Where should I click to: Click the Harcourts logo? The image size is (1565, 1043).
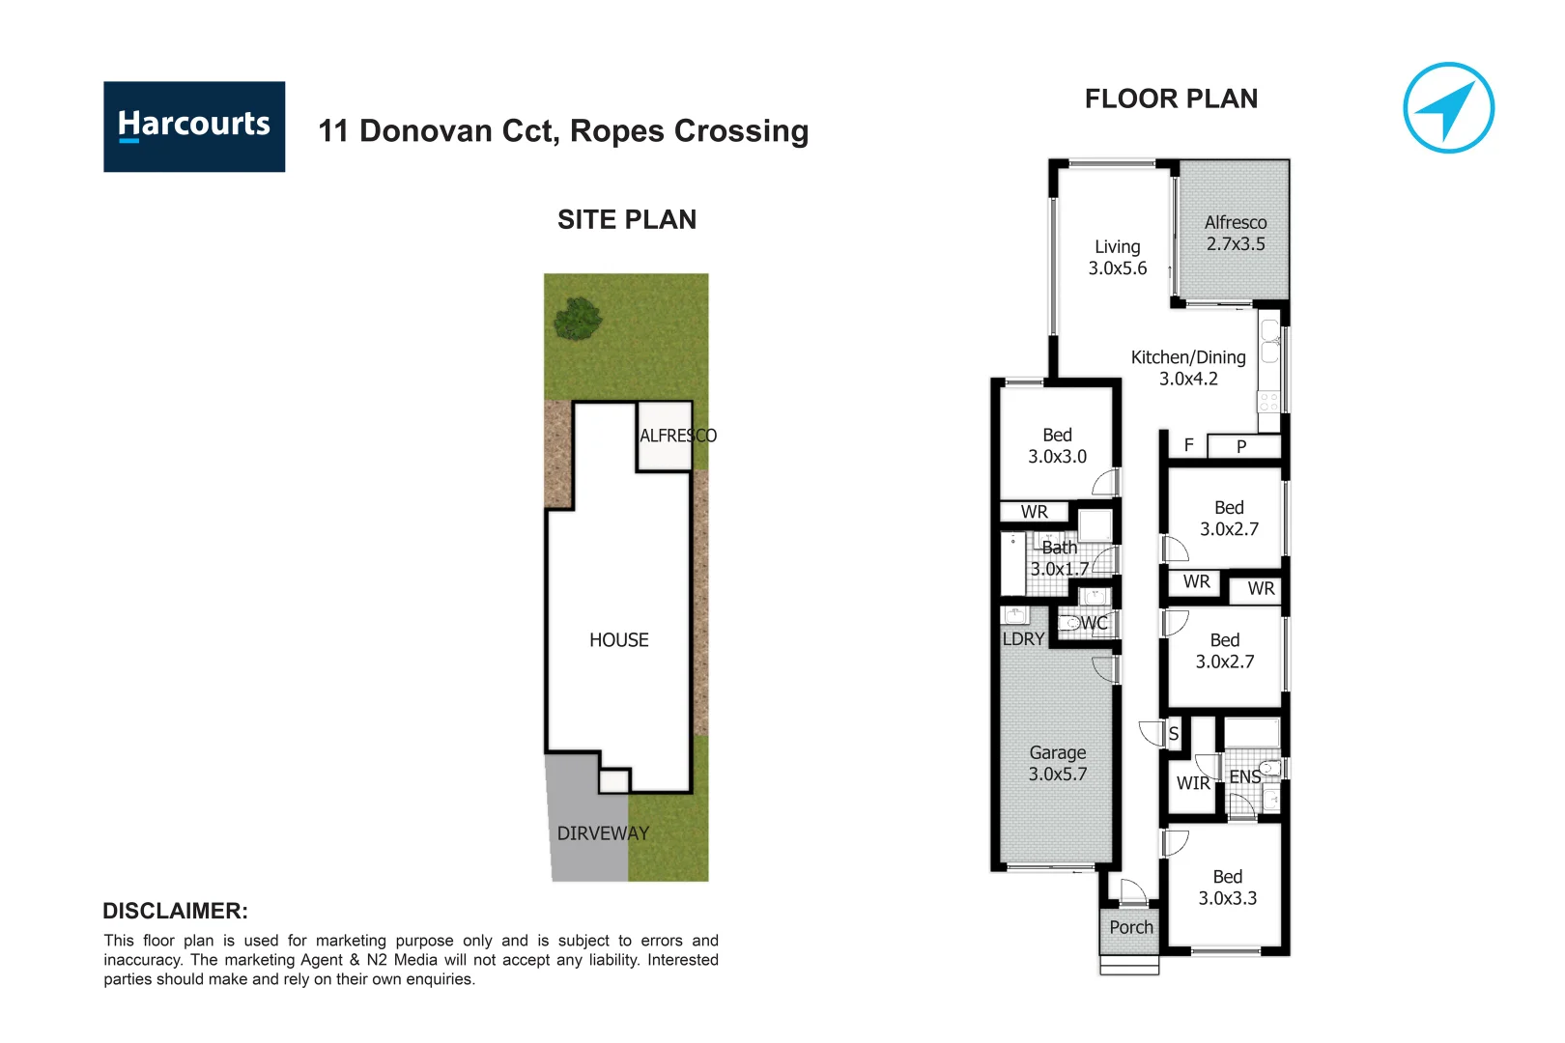coord(194,127)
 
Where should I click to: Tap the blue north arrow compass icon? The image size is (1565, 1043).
coord(1448,108)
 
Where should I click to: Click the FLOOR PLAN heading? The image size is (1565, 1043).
coord(1171,99)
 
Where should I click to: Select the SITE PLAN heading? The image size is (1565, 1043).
coord(626,219)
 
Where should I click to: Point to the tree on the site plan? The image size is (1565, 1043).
coord(579,319)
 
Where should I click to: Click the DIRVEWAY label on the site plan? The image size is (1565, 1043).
coord(603,832)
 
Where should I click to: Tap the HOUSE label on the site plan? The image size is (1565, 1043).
coord(618,639)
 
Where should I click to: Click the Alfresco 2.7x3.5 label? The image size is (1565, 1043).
coord(1235,233)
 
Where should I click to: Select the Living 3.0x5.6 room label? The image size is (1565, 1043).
coord(1117,257)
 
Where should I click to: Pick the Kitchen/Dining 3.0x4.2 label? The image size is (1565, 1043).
coord(1188,368)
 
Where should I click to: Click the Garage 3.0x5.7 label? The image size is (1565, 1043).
coord(1057,763)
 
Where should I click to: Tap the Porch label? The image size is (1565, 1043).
coord(1130,927)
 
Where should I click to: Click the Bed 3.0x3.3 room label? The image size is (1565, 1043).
coord(1227,887)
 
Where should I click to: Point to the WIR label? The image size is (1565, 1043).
coord(1193,783)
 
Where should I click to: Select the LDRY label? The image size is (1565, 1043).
coord(1023,638)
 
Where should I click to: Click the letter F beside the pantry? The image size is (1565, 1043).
coord(1188,444)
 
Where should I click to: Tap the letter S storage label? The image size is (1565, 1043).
coord(1173,734)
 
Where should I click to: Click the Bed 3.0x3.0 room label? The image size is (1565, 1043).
coord(1057,445)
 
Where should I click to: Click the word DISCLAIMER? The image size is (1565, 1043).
coord(175,911)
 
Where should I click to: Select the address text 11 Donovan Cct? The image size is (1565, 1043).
coord(440,130)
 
